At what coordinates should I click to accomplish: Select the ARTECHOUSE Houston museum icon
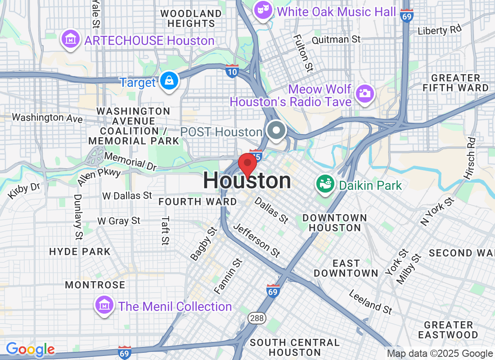point(71,40)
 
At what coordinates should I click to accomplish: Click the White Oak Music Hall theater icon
point(263,10)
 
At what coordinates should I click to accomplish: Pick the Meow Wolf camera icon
point(365,94)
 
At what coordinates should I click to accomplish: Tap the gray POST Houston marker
point(276,131)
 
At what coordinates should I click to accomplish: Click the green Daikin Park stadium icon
point(324,183)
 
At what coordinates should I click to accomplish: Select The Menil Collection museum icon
point(104,306)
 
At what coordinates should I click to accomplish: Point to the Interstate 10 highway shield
point(232,71)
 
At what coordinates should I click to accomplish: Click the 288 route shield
point(254,318)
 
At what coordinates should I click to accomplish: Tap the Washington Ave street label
point(47,118)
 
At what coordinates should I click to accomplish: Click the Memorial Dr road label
point(130,161)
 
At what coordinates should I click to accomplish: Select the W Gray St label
point(119,221)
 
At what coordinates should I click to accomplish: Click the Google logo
point(30,349)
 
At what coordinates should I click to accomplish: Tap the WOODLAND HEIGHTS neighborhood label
point(191,18)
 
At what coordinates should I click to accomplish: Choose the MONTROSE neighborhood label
point(95,285)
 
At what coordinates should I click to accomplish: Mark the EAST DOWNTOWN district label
point(346,268)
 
